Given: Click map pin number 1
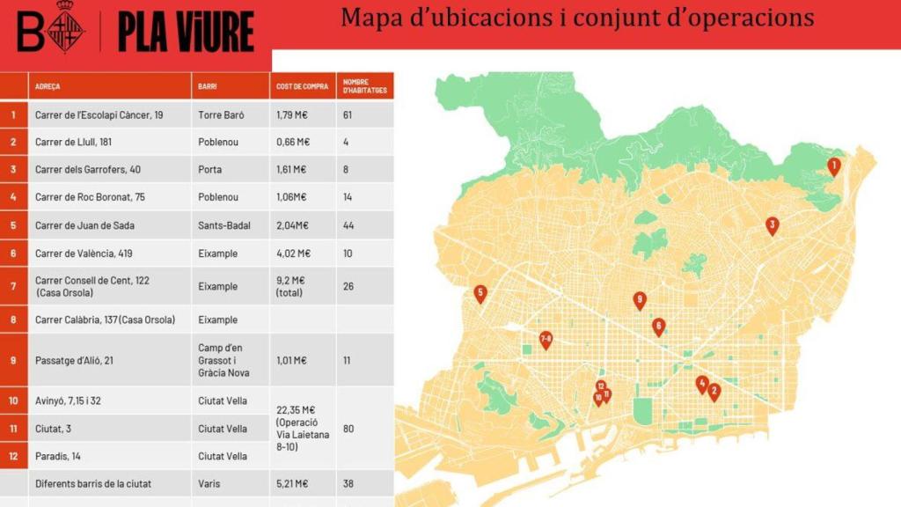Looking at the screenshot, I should point(834,165).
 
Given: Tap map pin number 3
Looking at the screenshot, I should point(772,224).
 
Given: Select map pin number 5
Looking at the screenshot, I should point(480,293).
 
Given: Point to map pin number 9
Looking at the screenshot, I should point(640,300).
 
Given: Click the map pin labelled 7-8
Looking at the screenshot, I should point(546,339).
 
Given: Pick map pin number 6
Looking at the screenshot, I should point(658,327).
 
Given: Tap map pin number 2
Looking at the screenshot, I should point(714,392).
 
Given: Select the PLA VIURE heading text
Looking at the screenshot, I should point(186,33).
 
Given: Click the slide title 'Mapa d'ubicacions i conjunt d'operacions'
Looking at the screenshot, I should point(577,18).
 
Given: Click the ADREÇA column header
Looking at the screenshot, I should point(48,86).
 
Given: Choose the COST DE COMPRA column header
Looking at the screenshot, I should point(302,86).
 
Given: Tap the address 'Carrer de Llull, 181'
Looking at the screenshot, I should point(73,142).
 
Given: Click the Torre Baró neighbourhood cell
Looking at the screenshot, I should point(221,114).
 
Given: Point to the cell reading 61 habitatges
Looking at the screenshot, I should point(348,114).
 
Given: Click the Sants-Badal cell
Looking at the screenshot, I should point(224,225).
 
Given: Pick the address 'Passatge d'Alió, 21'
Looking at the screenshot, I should point(74,360).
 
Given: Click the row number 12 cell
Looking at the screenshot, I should point(13,456).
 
